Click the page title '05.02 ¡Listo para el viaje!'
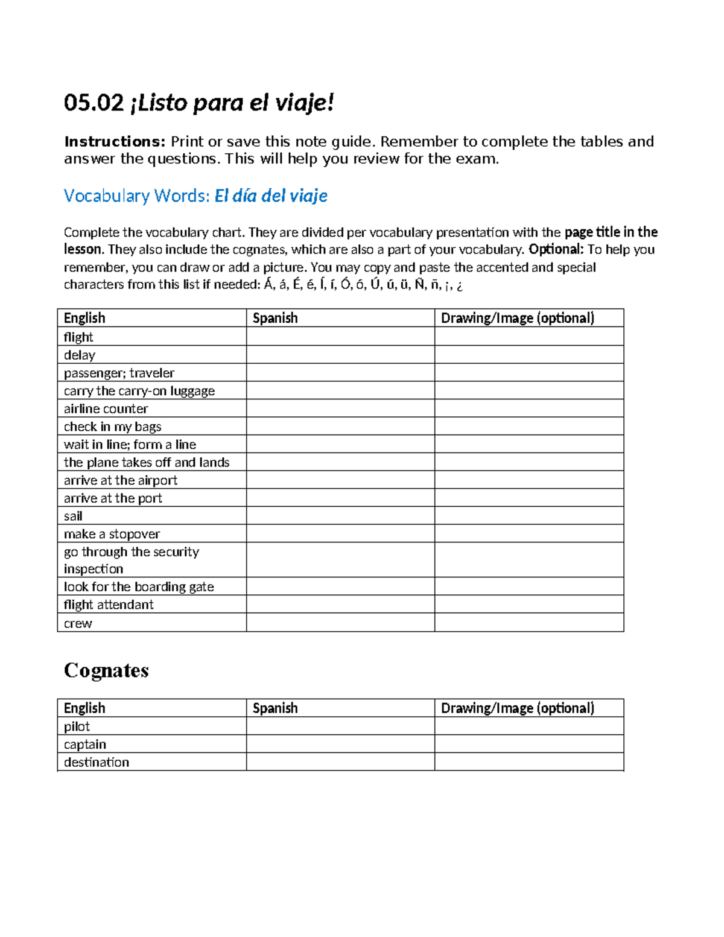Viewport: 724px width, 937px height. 198,103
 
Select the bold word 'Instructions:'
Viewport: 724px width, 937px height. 115,142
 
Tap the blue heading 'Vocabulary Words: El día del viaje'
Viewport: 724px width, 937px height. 195,195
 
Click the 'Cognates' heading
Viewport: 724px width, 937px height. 106,670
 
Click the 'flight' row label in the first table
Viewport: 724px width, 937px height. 78,337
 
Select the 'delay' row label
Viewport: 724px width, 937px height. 80,355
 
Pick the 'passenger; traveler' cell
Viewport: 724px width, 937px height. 119,373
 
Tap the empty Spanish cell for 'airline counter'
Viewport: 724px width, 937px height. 340,408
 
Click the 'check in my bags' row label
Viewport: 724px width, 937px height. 112,427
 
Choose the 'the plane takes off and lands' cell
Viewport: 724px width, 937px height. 147,462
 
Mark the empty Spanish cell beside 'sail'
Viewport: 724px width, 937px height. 340,516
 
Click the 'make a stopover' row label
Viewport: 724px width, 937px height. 112,534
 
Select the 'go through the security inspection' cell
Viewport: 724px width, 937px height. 131,560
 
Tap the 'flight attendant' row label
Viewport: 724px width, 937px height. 109,605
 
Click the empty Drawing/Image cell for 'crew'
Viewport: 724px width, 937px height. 529,623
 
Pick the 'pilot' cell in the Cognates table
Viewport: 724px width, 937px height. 77,726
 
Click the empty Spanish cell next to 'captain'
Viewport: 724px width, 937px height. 340,744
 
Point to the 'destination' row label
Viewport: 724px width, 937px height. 97,762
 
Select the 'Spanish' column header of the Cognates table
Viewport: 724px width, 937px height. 275,708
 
